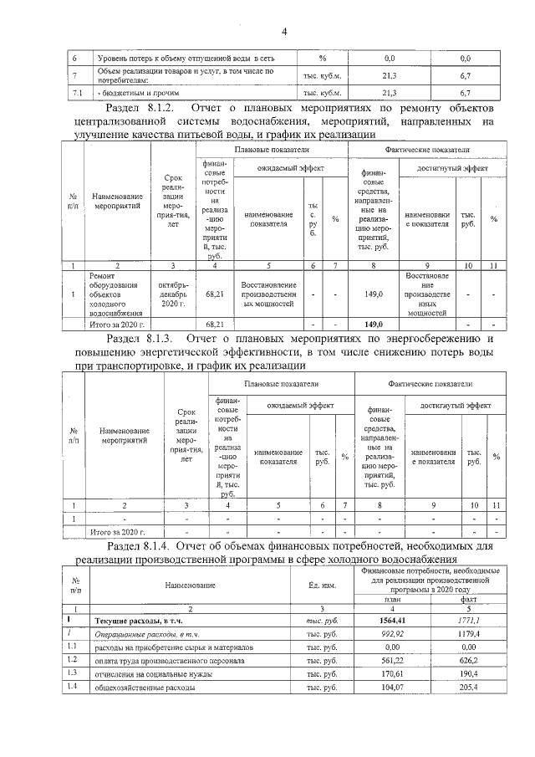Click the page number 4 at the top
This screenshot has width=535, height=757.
click(283, 32)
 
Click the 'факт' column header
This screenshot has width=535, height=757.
click(466, 599)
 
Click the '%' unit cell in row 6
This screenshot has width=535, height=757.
click(322, 59)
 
